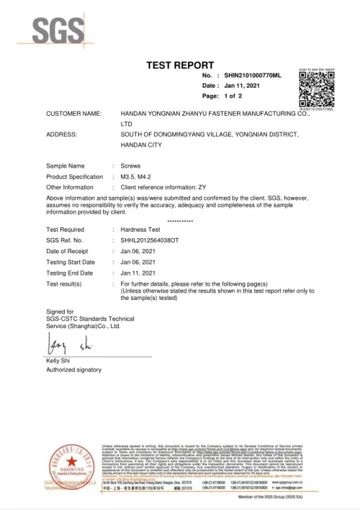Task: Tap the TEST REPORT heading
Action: click(179, 65)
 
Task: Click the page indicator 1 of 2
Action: click(234, 96)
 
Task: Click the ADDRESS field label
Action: click(62, 135)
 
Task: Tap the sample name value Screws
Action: click(130, 166)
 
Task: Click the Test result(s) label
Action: click(64, 284)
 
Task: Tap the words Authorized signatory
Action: click(73, 369)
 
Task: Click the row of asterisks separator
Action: click(179, 220)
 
